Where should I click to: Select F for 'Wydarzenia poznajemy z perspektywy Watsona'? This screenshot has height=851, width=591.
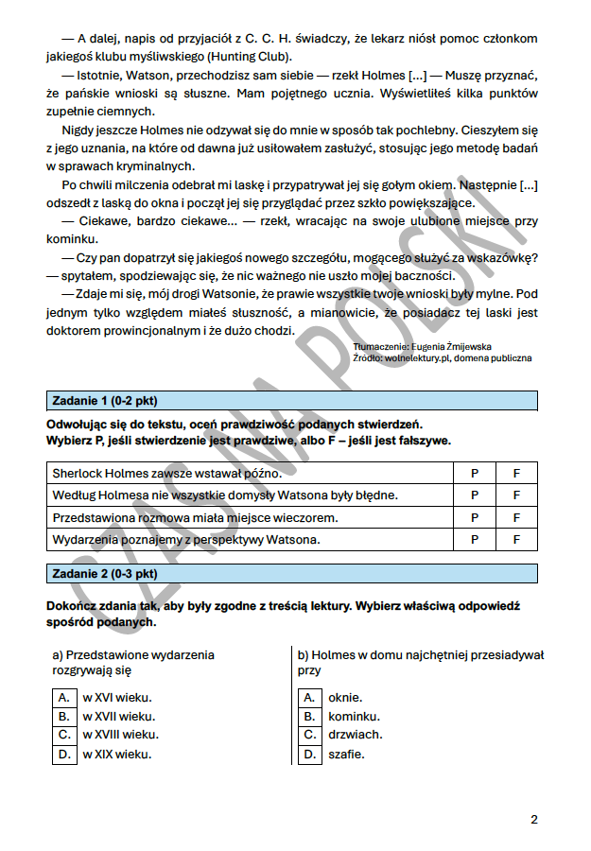click(x=516, y=540)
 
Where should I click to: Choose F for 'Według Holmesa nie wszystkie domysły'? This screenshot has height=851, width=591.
click(x=516, y=495)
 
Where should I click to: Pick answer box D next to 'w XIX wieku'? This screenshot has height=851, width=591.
click(x=63, y=754)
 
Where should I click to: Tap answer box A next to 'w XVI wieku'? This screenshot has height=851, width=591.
click(x=63, y=697)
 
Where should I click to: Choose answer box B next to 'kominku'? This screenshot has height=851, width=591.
click(x=309, y=716)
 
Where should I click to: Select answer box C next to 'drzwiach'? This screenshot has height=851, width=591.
click(x=309, y=735)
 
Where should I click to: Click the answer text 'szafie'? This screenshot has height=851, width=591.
click(x=346, y=754)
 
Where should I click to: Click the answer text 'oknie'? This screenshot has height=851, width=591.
click(x=345, y=697)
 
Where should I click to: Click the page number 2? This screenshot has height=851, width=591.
click(x=533, y=819)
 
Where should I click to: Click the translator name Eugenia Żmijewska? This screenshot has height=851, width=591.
click(x=451, y=347)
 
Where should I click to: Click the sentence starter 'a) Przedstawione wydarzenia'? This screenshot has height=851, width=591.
click(x=133, y=654)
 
